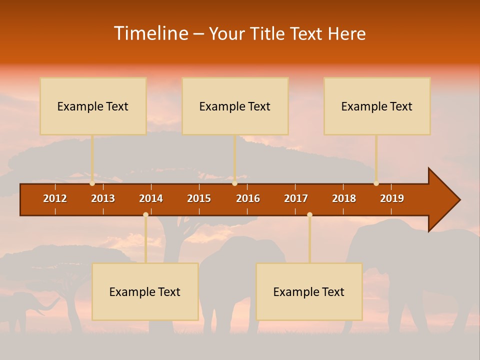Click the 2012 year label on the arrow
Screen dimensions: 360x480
tap(55, 198)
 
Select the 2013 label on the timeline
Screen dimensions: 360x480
tap(103, 198)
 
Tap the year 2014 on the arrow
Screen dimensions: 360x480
tap(151, 198)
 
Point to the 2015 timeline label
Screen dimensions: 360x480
tap(199, 198)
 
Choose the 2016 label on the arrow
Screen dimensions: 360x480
tap(248, 198)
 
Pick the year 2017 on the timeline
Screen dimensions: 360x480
tap(296, 198)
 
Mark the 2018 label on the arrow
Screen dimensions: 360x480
tap(344, 198)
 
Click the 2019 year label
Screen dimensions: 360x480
tap(392, 198)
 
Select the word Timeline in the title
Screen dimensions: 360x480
tap(150, 33)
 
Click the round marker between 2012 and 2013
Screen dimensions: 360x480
tap(92, 183)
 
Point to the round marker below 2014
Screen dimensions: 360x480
tap(145, 215)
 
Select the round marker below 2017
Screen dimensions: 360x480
tap(309, 215)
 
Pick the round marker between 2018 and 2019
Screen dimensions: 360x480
tap(376, 183)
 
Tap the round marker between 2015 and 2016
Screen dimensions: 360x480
tap(234, 183)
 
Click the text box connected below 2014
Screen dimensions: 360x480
tap(145, 291)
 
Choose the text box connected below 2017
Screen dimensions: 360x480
tap(309, 291)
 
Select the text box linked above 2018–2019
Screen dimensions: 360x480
tap(377, 106)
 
